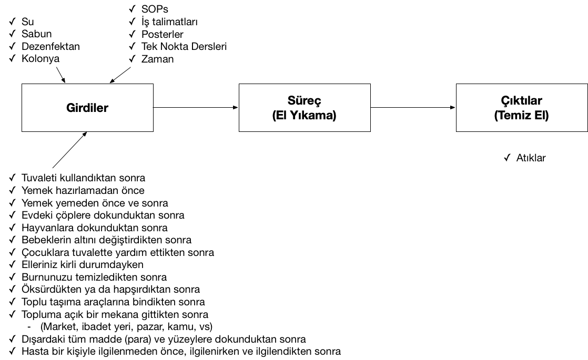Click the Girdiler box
point(87,108)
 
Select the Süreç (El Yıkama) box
point(305,108)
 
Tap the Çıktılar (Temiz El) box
point(522,108)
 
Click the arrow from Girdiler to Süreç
point(196,108)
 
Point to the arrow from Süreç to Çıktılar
point(413,108)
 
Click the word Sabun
point(36,34)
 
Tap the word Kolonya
point(40,58)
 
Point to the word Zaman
point(157,59)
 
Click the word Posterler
point(163,34)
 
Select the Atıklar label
point(531,158)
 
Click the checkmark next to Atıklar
point(507,158)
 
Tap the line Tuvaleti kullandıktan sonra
point(83,178)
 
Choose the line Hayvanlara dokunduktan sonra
point(95,228)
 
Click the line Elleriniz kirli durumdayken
point(83,264)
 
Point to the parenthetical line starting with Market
point(126,327)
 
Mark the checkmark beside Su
point(13,22)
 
